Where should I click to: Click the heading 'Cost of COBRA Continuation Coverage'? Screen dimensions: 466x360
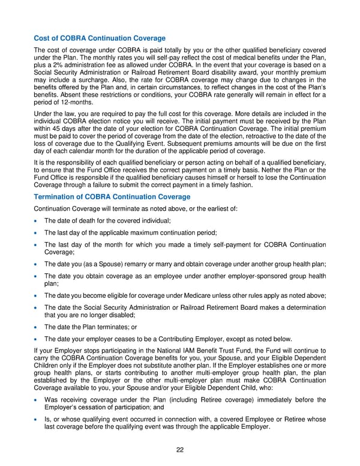(100, 38)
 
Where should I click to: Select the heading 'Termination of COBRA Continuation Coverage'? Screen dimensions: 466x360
(112, 197)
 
